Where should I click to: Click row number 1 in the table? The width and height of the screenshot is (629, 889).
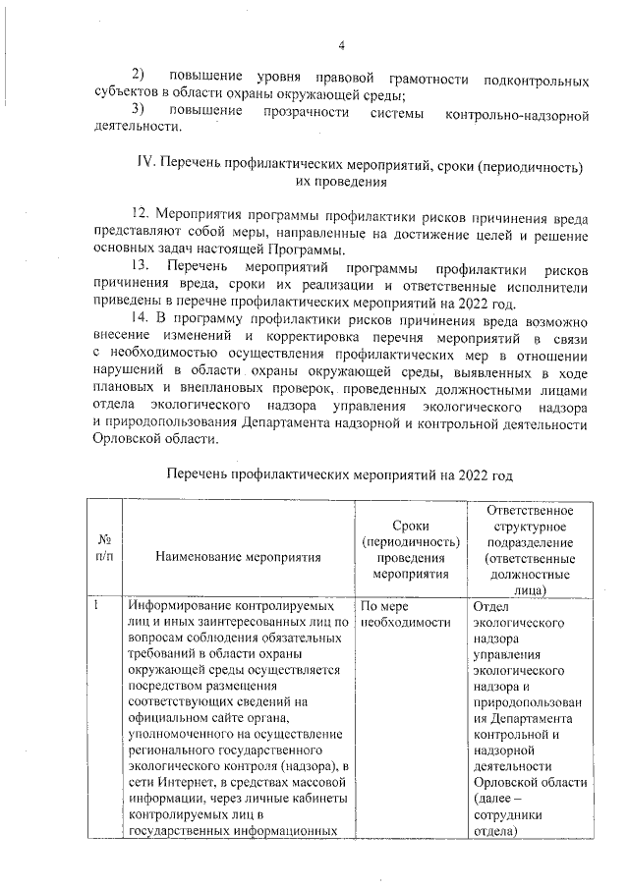(97, 606)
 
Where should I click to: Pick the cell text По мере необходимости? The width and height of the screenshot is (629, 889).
(397, 614)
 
